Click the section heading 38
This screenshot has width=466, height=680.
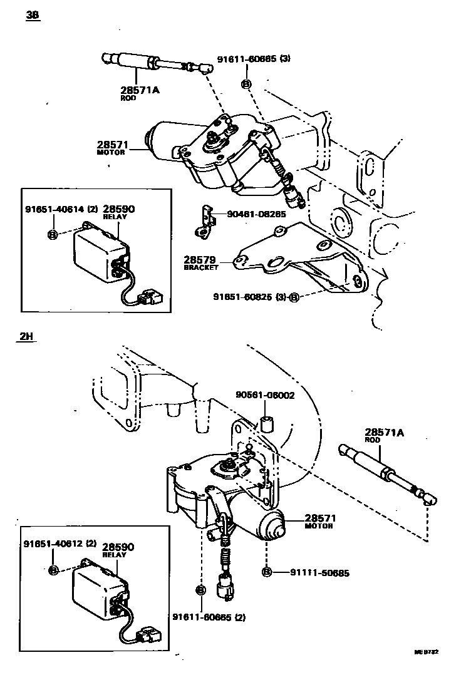(x=33, y=16)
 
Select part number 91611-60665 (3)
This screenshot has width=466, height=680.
(x=254, y=59)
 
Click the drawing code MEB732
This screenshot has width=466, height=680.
(x=426, y=652)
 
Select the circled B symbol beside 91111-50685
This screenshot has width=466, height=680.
(x=266, y=572)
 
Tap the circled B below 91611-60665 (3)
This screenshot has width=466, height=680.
(x=246, y=84)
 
